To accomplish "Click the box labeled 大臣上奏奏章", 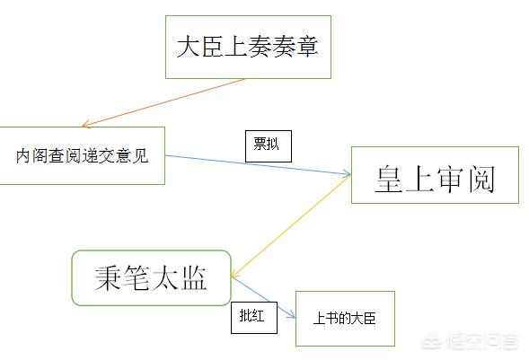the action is [248, 47].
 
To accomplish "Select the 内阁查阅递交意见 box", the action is [82, 155].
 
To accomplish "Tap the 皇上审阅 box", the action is [435, 175].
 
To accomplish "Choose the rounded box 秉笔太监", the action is [151, 278].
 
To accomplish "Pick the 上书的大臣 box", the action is [345, 319].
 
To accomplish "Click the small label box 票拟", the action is [269, 146].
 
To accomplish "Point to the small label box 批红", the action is [254, 318].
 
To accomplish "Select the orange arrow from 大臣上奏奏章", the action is [163, 102].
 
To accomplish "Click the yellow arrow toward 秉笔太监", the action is [291, 226].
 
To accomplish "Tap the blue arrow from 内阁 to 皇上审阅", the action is [258, 165].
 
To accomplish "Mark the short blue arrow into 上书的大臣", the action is [263, 297].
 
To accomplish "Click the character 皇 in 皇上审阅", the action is [389, 179].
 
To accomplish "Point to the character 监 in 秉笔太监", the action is [193, 278].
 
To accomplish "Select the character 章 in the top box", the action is [307, 46].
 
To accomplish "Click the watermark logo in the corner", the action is [469, 341].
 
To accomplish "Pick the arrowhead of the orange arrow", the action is [86, 125].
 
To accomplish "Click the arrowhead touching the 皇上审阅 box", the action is [347, 173].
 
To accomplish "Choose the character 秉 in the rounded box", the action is [108, 278].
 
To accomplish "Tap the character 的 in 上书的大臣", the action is [344, 318].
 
